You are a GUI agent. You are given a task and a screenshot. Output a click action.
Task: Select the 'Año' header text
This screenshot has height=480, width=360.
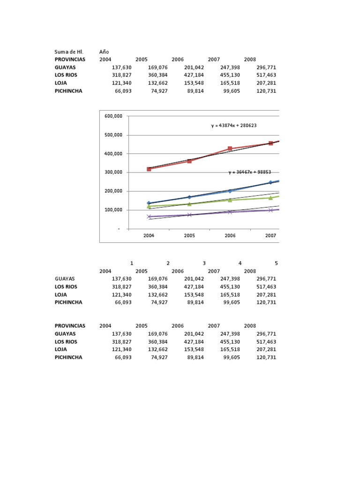point(104,52)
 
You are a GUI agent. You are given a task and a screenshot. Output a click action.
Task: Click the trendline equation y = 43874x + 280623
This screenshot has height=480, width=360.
point(233,126)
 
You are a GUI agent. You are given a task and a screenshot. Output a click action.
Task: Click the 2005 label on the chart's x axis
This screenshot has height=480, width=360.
point(189,236)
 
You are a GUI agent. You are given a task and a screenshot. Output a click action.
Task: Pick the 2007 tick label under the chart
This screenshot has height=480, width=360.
point(270,236)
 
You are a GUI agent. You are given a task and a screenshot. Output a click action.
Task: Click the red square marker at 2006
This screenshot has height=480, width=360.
point(230,149)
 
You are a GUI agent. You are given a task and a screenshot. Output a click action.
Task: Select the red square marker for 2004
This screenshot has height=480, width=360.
point(149,169)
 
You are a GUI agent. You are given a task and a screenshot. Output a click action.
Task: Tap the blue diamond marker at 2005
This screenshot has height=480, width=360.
point(189,197)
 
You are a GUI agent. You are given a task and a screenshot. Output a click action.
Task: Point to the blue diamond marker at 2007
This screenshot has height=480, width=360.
point(270,183)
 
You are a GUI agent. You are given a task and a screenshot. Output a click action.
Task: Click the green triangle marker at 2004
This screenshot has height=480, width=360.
point(149,206)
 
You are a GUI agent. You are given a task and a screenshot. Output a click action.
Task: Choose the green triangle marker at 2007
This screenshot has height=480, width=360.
point(270,198)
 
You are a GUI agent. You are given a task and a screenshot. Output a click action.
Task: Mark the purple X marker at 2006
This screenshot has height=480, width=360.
point(230,212)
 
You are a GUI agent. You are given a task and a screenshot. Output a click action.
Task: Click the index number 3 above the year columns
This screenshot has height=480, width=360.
point(204,263)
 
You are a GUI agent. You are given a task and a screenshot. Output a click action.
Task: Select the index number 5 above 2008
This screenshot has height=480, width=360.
point(276,263)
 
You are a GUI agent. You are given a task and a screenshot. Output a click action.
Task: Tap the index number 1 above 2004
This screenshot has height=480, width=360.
point(132,263)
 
